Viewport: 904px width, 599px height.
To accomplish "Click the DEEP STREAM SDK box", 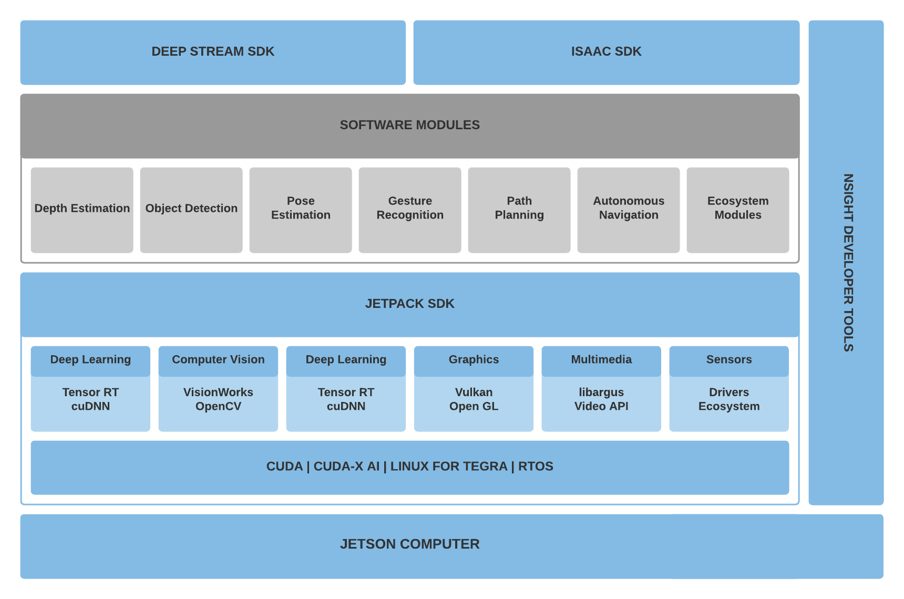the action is [x=213, y=53].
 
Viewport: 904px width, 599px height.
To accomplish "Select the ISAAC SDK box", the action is [x=607, y=53].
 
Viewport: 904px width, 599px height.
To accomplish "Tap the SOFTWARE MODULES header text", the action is [x=410, y=125].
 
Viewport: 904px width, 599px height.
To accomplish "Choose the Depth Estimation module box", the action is [x=82, y=210].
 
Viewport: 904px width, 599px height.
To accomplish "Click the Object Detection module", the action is [x=191, y=210].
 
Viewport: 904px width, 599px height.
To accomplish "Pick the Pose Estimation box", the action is [x=301, y=210].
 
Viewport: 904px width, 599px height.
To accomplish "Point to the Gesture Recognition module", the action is [x=410, y=210].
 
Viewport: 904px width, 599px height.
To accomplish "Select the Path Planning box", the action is [x=519, y=210].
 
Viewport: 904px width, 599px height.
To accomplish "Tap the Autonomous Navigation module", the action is [x=629, y=210].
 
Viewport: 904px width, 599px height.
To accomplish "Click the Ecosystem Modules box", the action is [x=738, y=210].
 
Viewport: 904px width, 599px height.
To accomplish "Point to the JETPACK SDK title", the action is [x=410, y=304].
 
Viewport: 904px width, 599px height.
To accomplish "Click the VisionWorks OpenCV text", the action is [x=218, y=399].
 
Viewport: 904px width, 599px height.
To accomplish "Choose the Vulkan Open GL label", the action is [x=474, y=399].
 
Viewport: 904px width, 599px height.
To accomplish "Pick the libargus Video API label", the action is [x=601, y=399].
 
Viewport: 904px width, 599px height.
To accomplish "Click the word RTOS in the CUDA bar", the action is [x=536, y=467].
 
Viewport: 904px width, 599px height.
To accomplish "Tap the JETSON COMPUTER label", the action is [x=410, y=544].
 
